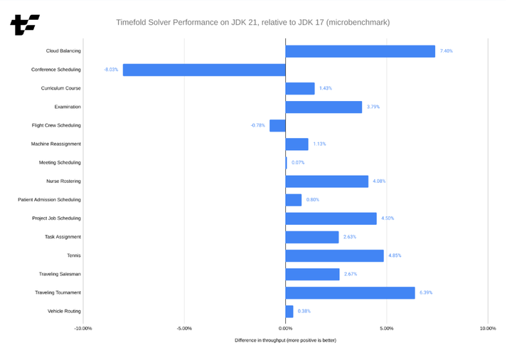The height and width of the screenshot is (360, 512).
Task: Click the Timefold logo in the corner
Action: coord(25,25)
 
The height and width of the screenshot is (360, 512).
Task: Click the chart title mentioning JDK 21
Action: coord(252,23)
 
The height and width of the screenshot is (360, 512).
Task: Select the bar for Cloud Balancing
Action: coord(360,51)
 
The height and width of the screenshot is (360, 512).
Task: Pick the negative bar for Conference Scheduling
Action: coord(204,70)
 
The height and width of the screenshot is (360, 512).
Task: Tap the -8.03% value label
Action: coord(111,70)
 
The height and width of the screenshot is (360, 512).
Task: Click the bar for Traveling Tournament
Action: coord(350,292)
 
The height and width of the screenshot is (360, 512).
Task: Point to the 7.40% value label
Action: coord(446,51)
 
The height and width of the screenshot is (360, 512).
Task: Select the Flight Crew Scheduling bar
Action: coord(277,125)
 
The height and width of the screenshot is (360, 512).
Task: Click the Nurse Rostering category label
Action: coord(63,181)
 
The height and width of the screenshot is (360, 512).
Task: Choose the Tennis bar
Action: coord(334,255)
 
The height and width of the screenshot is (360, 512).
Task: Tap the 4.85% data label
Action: coord(395,255)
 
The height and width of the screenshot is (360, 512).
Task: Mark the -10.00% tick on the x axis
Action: coord(83,329)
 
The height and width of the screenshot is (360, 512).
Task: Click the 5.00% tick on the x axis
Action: coord(386,329)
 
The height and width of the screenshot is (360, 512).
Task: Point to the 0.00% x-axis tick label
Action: coord(285,329)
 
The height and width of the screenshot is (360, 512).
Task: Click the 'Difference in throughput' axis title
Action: coord(285,341)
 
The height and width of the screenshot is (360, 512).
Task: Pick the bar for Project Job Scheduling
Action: coord(331,218)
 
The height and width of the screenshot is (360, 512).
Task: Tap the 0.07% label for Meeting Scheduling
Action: coord(298,162)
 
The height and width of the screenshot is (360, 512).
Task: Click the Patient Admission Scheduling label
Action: coord(49,200)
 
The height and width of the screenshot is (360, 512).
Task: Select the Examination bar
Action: coord(324,107)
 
